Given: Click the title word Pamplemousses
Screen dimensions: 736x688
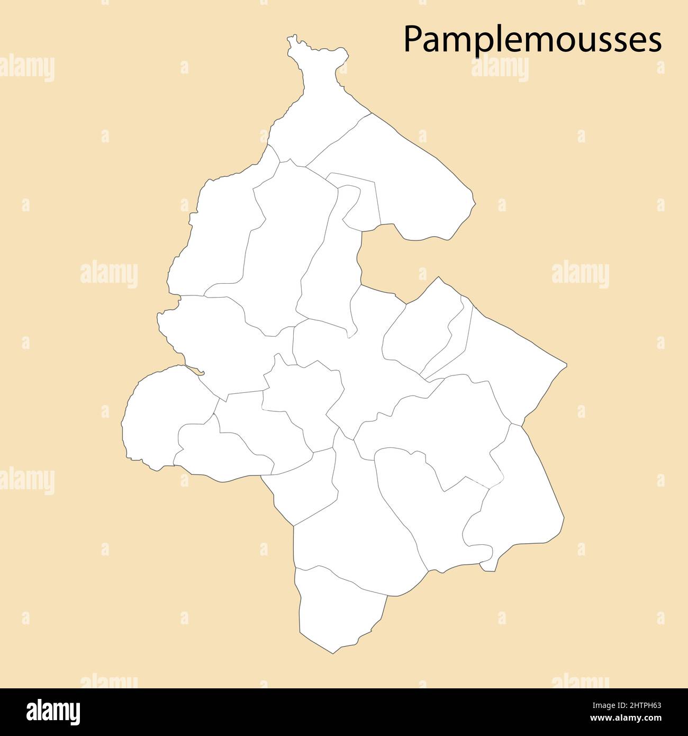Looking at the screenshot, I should [x=532, y=40].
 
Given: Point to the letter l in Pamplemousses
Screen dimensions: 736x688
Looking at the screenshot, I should [x=488, y=38].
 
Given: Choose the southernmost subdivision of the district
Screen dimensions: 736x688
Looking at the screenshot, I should [x=339, y=609].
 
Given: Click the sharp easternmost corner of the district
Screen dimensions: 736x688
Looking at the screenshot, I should [x=566, y=365].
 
